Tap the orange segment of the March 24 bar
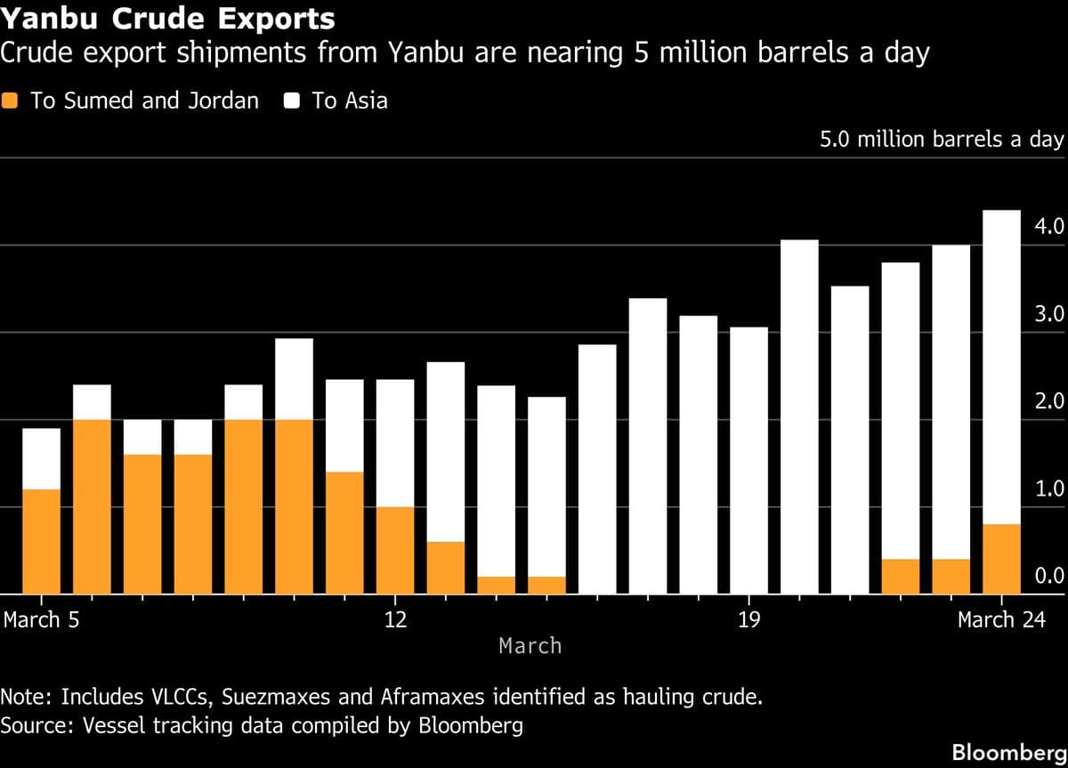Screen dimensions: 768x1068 pyautogui.click(x=1002, y=559)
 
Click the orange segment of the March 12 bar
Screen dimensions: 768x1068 pyautogui.click(x=395, y=550)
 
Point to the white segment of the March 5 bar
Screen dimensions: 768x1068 pyautogui.click(x=41, y=458)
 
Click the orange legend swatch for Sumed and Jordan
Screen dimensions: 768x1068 pyautogui.click(x=10, y=101)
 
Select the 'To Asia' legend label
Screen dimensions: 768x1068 pyautogui.click(x=349, y=101)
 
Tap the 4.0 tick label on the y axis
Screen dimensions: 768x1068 pyautogui.click(x=1049, y=227)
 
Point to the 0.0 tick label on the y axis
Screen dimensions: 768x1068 pyautogui.click(x=1049, y=577)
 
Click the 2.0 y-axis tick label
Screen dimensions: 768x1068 pyautogui.click(x=1049, y=401)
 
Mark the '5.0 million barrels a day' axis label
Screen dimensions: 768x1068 pyautogui.click(x=941, y=140)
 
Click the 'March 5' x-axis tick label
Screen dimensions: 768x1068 pyautogui.click(x=41, y=619)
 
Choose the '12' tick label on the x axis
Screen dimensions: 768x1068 pyautogui.click(x=395, y=619)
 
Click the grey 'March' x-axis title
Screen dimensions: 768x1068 pyautogui.click(x=530, y=645)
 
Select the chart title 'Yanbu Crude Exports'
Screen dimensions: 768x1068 pyautogui.click(x=168, y=19)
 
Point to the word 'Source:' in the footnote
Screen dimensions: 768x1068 pyautogui.click(x=38, y=725)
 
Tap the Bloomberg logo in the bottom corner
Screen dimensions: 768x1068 pyautogui.click(x=1008, y=752)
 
